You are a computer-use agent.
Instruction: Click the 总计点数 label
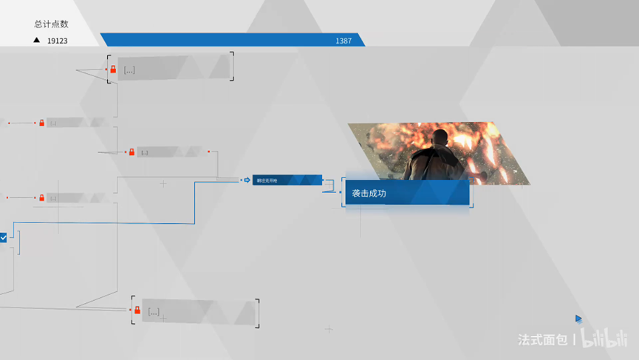pos(51,24)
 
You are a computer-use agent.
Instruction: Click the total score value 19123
pos(57,41)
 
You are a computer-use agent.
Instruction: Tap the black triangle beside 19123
pos(36,40)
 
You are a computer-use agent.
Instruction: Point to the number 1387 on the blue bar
pos(344,41)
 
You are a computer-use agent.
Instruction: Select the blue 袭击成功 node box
pos(406,193)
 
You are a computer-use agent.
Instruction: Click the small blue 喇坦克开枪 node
pos(287,180)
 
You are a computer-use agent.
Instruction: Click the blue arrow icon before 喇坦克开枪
pos(247,180)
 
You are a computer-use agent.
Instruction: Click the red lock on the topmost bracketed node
pos(113,69)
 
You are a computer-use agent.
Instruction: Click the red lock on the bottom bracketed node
pos(137,311)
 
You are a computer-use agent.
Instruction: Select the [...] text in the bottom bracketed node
pos(154,312)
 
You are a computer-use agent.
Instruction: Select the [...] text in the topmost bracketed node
pos(129,70)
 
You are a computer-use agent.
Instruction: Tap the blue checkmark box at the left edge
pos(4,237)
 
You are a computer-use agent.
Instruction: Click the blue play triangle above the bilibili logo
pos(579,319)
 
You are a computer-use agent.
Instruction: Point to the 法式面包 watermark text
pos(542,340)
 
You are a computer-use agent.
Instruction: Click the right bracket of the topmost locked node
pos(232,67)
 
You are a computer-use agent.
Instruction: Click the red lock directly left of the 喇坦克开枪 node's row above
pos(131,152)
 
